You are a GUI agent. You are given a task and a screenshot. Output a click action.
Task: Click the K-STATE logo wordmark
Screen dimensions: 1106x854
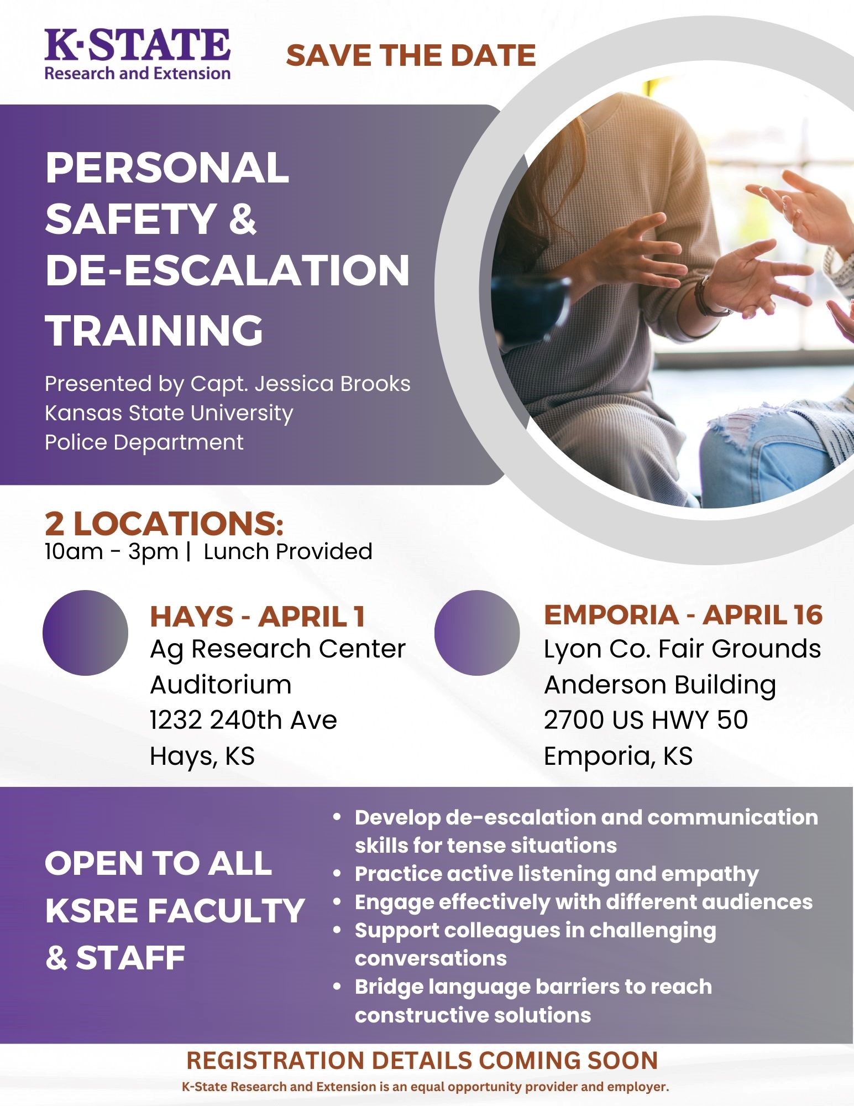pos(137,45)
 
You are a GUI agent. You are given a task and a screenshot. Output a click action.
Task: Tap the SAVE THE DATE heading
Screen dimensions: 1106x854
pos(411,56)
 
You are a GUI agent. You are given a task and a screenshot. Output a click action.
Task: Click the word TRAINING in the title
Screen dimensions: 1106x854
pos(154,330)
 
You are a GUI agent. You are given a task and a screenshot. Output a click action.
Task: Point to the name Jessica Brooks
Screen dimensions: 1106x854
pos(332,384)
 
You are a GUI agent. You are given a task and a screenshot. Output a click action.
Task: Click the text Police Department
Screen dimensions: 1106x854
pos(144,442)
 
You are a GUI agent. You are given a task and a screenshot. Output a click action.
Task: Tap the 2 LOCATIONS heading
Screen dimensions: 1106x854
pos(164,523)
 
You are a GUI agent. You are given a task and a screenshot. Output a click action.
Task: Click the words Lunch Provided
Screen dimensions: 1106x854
pos(288,551)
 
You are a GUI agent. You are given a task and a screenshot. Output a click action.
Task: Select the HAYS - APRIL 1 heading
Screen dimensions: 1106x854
pos(258,616)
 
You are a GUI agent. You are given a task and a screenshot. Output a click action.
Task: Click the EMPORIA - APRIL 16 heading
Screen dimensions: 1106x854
pos(683,614)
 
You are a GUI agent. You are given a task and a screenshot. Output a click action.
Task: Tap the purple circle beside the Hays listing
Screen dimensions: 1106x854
pos(85,633)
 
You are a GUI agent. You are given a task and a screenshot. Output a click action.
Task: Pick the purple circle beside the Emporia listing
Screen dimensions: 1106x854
pos(477,633)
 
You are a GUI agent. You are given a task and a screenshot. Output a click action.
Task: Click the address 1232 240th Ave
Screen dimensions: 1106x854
pos(243,720)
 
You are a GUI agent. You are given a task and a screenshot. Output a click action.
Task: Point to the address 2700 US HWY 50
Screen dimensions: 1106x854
pos(646,720)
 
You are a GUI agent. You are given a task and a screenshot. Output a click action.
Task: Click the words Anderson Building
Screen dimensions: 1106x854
pos(660,685)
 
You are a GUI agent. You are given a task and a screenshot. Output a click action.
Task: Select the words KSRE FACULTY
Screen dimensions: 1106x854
pos(175,911)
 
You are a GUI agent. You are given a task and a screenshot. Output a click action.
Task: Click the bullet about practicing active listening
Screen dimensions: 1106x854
pos(556,874)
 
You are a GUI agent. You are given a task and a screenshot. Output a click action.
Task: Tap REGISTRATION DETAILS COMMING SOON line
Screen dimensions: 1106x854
pos(422,1060)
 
